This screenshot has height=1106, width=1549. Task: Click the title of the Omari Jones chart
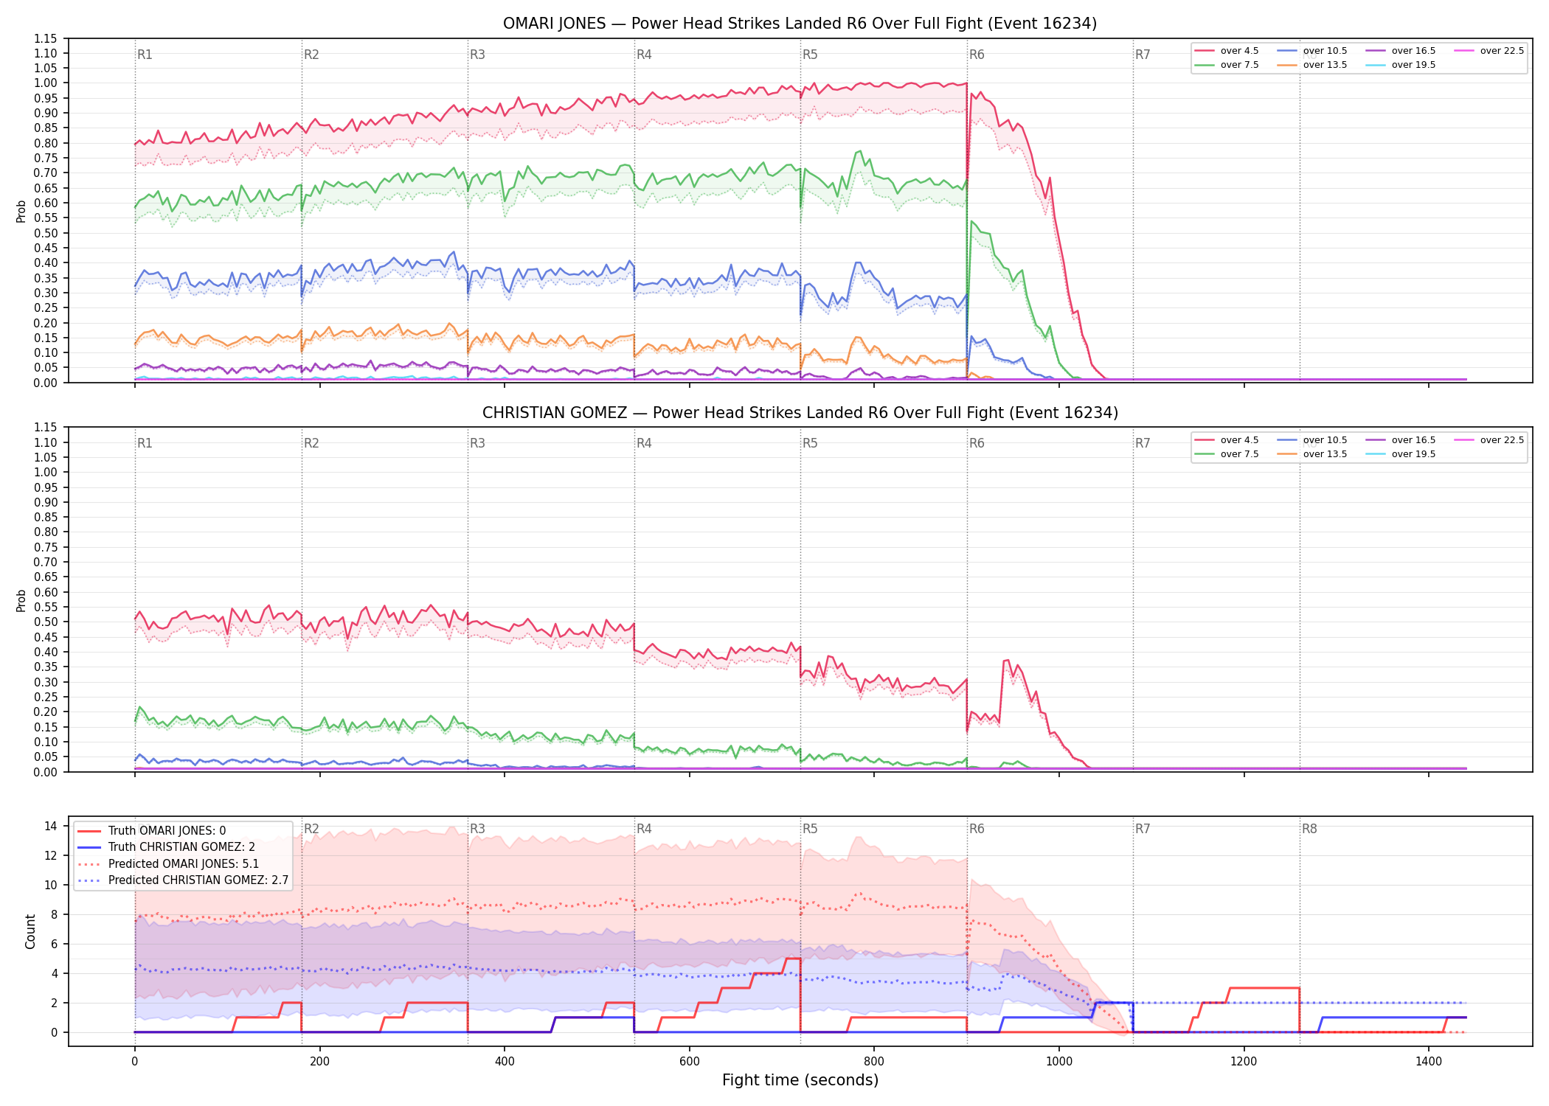(x=800, y=24)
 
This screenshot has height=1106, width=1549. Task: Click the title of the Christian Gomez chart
(x=800, y=413)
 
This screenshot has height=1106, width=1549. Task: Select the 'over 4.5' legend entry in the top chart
(x=1227, y=51)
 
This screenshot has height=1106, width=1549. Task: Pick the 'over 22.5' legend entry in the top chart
(x=1489, y=51)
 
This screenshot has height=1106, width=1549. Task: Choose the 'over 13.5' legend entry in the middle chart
(x=1312, y=454)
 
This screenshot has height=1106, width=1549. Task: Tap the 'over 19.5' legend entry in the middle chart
(x=1401, y=454)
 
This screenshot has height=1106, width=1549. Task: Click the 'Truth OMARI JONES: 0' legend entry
(x=152, y=831)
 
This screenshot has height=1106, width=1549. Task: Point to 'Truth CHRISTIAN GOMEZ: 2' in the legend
(x=167, y=847)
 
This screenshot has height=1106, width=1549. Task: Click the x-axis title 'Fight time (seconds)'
(x=800, y=1080)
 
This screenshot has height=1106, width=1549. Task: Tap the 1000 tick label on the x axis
(x=1059, y=1062)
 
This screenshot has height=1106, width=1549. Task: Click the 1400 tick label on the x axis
(x=1429, y=1062)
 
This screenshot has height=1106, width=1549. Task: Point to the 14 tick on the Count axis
(x=51, y=826)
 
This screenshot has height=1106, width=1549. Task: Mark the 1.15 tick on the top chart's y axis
(x=45, y=38)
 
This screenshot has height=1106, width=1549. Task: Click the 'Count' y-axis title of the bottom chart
(x=30, y=931)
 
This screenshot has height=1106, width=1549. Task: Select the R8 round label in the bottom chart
(x=1309, y=829)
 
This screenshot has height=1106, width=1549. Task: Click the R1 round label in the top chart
(x=145, y=55)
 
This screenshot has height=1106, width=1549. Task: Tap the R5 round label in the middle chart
(x=810, y=443)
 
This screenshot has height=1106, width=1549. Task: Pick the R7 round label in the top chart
(x=1143, y=55)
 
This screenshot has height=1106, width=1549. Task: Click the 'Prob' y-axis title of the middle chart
(x=21, y=600)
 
